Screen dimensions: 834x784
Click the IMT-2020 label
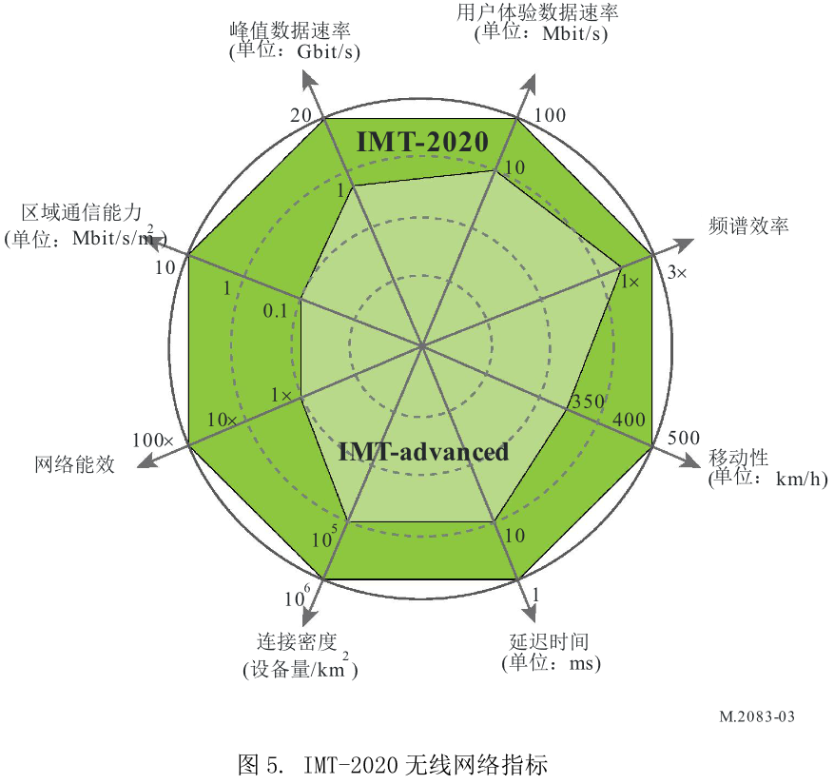point(422,142)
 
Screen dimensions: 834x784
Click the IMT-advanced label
point(424,452)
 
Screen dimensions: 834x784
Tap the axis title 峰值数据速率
point(295,29)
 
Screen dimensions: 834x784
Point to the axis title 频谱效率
point(748,225)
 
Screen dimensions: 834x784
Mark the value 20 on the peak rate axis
point(301,115)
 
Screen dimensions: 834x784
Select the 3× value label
point(676,273)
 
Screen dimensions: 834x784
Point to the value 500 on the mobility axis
point(683,439)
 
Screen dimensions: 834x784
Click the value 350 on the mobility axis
point(587,402)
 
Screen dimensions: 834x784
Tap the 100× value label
point(153,441)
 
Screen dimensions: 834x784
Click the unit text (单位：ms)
point(551,662)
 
